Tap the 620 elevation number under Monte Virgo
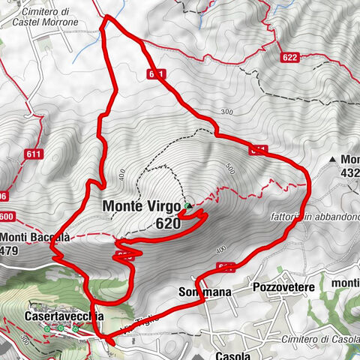click(x=169, y=223)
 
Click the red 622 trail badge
click(x=291, y=57)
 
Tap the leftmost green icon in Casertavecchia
click(x=46, y=328)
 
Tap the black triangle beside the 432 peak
click(x=332, y=160)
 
